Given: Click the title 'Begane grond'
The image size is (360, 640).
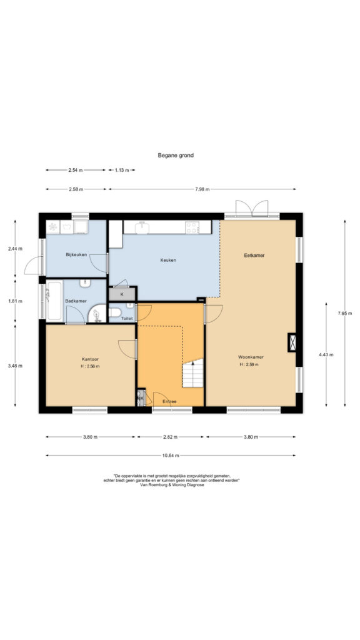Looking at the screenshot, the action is pyautogui.click(x=176, y=155).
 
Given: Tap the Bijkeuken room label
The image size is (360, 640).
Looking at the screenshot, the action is pyautogui.click(x=76, y=255).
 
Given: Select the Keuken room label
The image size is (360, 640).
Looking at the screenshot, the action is pyautogui.click(x=168, y=259).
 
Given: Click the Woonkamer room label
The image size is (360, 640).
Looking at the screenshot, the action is pyautogui.click(x=249, y=357).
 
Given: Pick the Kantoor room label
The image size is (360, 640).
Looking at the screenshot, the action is pyautogui.click(x=90, y=359).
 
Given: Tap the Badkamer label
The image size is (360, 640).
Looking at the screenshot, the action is pyautogui.click(x=76, y=301).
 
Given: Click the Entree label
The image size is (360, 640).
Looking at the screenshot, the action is pyautogui.click(x=169, y=402).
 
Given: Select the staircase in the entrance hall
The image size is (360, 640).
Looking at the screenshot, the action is pyautogui.click(x=192, y=373).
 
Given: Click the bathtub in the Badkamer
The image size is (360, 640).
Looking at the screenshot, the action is pyautogui.click(x=54, y=301).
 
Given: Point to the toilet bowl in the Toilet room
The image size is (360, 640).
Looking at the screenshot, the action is pyautogui.click(x=114, y=312).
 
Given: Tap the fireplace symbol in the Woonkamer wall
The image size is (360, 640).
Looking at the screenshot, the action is pyautogui.click(x=292, y=342).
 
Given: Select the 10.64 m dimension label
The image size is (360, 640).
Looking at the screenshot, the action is pyautogui.click(x=171, y=456).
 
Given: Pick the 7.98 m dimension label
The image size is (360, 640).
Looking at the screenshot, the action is pyautogui.click(x=202, y=189).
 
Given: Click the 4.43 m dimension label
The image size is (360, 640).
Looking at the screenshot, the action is pyautogui.click(x=326, y=355).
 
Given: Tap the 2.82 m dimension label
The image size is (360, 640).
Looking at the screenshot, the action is pyautogui.click(x=170, y=437).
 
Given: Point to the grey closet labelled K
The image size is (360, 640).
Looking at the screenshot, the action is pyautogui.click(x=122, y=294).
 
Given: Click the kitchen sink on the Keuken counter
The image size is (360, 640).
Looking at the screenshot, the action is pyautogui.click(x=142, y=227).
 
